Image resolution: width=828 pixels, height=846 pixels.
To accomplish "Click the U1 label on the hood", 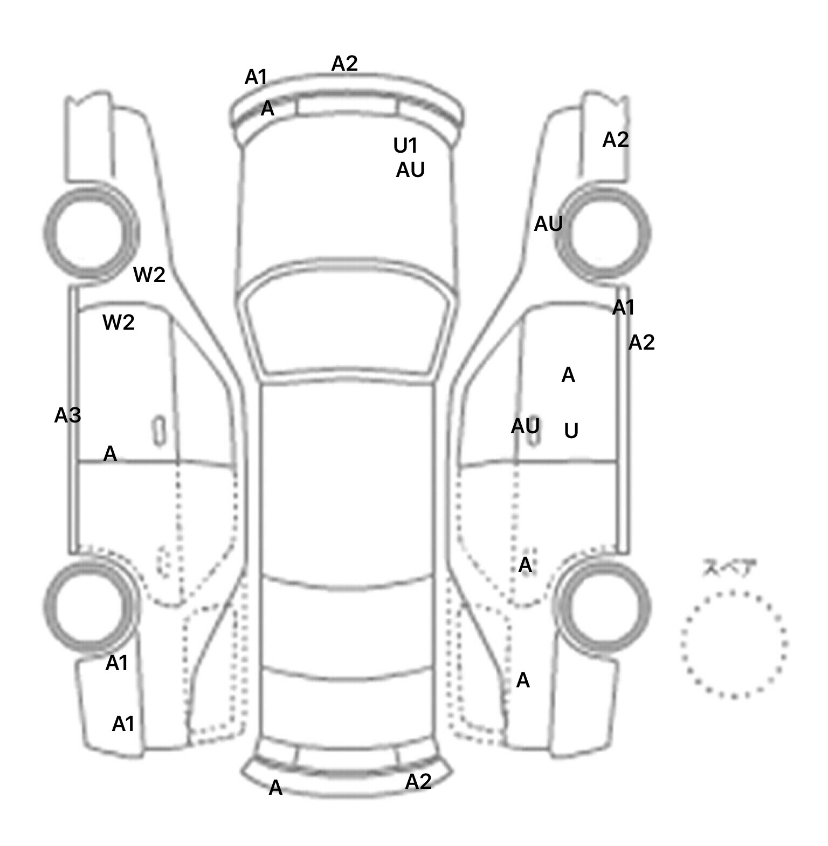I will click(x=405, y=146).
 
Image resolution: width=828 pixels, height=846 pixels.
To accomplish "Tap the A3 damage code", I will click(x=68, y=415).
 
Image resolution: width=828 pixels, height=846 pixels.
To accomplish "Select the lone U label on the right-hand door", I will click(x=571, y=431).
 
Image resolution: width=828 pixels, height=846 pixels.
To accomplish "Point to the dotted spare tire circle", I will click(x=734, y=644).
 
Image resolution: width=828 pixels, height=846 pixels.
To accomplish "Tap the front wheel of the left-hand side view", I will click(x=90, y=233).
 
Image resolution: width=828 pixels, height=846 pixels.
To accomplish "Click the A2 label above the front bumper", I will click(x=344, y=64).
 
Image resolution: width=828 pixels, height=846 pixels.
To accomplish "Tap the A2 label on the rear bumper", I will click(x=418, y=781).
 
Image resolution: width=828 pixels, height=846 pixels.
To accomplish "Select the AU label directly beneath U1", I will click(x=410, y=170).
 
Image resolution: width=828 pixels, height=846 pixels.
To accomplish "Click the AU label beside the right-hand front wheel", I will click(x=548, y=224).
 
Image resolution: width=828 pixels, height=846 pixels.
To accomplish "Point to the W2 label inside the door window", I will click(x=118, y=323).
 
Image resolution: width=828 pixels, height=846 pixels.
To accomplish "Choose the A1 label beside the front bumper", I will click(x=256, y=78).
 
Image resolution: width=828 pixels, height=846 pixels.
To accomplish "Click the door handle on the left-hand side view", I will click(x=160, y=431).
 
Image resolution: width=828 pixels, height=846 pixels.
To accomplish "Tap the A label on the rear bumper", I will click(x=275, y=788).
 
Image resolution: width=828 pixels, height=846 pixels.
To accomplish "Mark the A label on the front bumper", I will click(x=267, y=110).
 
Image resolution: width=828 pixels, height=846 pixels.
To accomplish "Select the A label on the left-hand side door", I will click(x=110, y=454).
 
